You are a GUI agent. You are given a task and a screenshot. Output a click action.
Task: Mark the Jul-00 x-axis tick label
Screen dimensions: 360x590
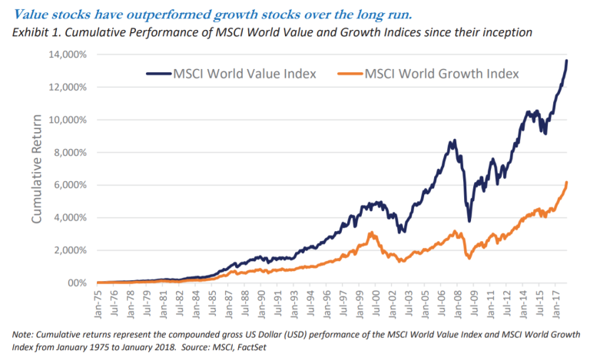377,302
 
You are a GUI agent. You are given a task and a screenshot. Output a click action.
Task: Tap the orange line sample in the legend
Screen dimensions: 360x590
347,74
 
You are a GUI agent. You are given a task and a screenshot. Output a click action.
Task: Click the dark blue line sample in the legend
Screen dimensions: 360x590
157,74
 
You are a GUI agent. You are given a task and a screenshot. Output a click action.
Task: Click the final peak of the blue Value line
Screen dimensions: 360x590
567,61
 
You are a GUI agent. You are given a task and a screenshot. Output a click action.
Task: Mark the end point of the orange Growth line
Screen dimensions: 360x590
567,183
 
